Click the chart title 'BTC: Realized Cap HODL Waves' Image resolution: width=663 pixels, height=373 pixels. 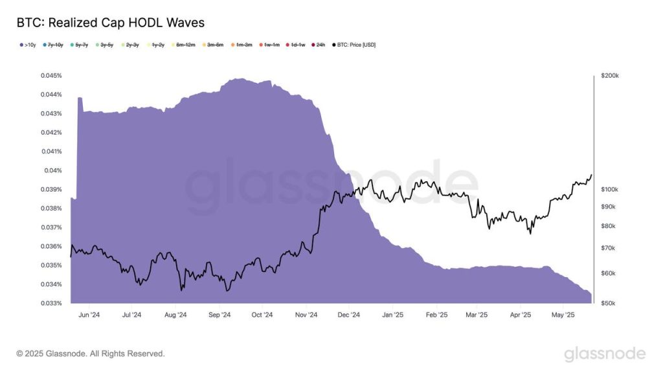[x=110, y=23]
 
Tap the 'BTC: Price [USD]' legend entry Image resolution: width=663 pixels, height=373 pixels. [x=354, y=45]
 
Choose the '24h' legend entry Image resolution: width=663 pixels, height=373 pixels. [x=318, y=45]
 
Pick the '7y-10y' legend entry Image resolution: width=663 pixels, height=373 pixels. [x=53, y=45]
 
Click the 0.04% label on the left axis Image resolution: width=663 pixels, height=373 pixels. [x=53, y=171]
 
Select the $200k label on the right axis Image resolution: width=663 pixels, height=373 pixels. [x=610, y=76]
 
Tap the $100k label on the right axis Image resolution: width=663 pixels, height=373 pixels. [x=610, y=190]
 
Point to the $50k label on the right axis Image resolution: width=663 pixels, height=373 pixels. [x=609, y=303]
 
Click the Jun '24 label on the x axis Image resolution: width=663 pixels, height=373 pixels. [x=89, y=315]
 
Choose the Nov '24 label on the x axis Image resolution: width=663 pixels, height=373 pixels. [x=306, y=315]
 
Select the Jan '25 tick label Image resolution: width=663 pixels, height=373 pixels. [x=393, y=315]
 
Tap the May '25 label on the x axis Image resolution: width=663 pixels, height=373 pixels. [x=563, y=315]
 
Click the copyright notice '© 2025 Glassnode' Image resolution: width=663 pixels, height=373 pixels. [x=91, y=354]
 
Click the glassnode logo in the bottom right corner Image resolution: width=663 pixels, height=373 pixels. [x=604, y=354]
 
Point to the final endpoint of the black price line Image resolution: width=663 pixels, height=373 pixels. [x=591, y=175]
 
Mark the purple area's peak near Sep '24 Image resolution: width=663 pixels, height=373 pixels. [x=240, y=79]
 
